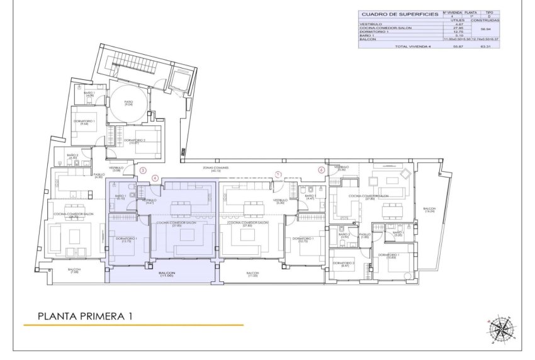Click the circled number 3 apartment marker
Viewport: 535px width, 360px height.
point(143,170)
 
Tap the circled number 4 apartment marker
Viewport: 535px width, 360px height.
point(155,177)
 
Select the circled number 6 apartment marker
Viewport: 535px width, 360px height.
point(321,170)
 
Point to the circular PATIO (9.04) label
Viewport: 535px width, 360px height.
point(128,103)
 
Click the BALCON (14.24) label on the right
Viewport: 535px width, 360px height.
point(429,211)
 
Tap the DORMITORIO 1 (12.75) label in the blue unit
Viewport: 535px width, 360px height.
point(127,239)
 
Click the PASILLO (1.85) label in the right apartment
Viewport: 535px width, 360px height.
point(364,235)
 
